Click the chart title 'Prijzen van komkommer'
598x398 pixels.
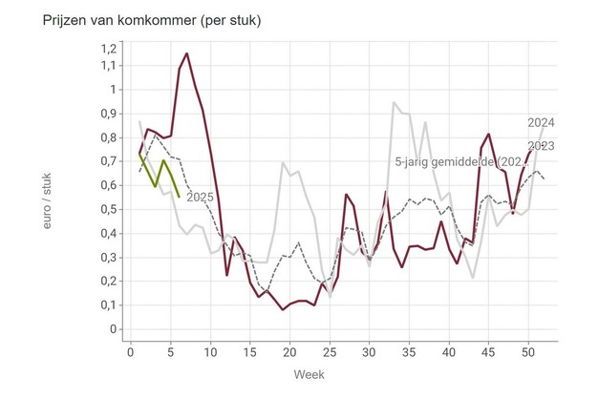pos(139,20)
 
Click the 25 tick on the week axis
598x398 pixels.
pos(330,352)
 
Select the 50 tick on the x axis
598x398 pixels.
pos(527,352)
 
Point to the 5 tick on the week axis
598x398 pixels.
pos(171,352)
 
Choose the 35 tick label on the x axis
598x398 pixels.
pos(409,352)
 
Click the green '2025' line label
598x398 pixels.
pos(199,197)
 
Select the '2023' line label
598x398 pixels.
pos(541,146)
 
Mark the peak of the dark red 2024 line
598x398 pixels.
pos(187,53)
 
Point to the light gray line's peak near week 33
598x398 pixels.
pos(394,102)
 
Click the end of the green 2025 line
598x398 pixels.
pos(179,196)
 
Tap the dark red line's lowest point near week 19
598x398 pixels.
pos(283,309)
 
